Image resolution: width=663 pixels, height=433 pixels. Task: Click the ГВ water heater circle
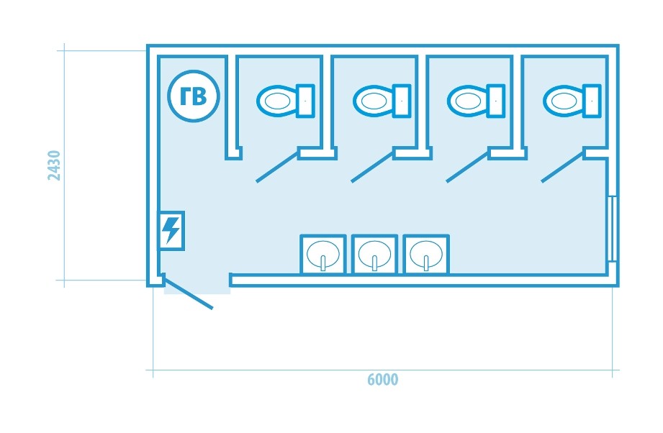[x=193, y=96]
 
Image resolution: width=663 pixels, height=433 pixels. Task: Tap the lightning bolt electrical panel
[x=171, y=231]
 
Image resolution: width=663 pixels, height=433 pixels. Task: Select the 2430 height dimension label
[x=54, y=165]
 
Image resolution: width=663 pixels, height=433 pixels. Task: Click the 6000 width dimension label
[x=382, y=379]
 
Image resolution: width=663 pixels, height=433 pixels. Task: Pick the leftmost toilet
[x=285, y=101]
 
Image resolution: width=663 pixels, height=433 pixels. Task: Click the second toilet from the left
[x=382, y=101]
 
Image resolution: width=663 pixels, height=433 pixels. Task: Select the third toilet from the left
[x=476, y=101]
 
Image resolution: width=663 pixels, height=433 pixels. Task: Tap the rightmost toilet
[x=572, y=101]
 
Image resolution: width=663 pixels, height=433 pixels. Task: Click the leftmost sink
[x=323, y=255]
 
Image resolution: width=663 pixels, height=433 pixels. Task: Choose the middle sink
[x=374, y=255]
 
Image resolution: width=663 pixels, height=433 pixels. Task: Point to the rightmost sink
[x=426, y=255]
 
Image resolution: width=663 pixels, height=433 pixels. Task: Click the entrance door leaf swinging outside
[x=188, y=292]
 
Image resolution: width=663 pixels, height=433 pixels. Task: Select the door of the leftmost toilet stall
[x=277, y=166]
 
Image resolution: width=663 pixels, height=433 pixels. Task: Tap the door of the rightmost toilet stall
[x=563, y=166]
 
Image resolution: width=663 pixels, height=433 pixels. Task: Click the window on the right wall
[x=613, y=229]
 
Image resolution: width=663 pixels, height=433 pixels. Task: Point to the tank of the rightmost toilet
[x=592, y=101]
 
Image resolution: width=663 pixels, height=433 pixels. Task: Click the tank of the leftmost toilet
[x=305, y=101]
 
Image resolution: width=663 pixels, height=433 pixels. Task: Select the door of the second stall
[x=372, y=166]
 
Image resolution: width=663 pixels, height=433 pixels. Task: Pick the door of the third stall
[x=468, y=166]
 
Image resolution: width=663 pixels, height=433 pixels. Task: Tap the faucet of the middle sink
[x=374, y=263]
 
